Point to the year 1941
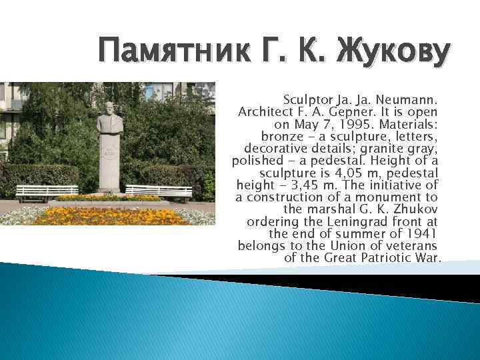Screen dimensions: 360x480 pyautogui.click(x=420, y=233)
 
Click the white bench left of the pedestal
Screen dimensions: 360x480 pyautogui.click(x=47, y=192)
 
